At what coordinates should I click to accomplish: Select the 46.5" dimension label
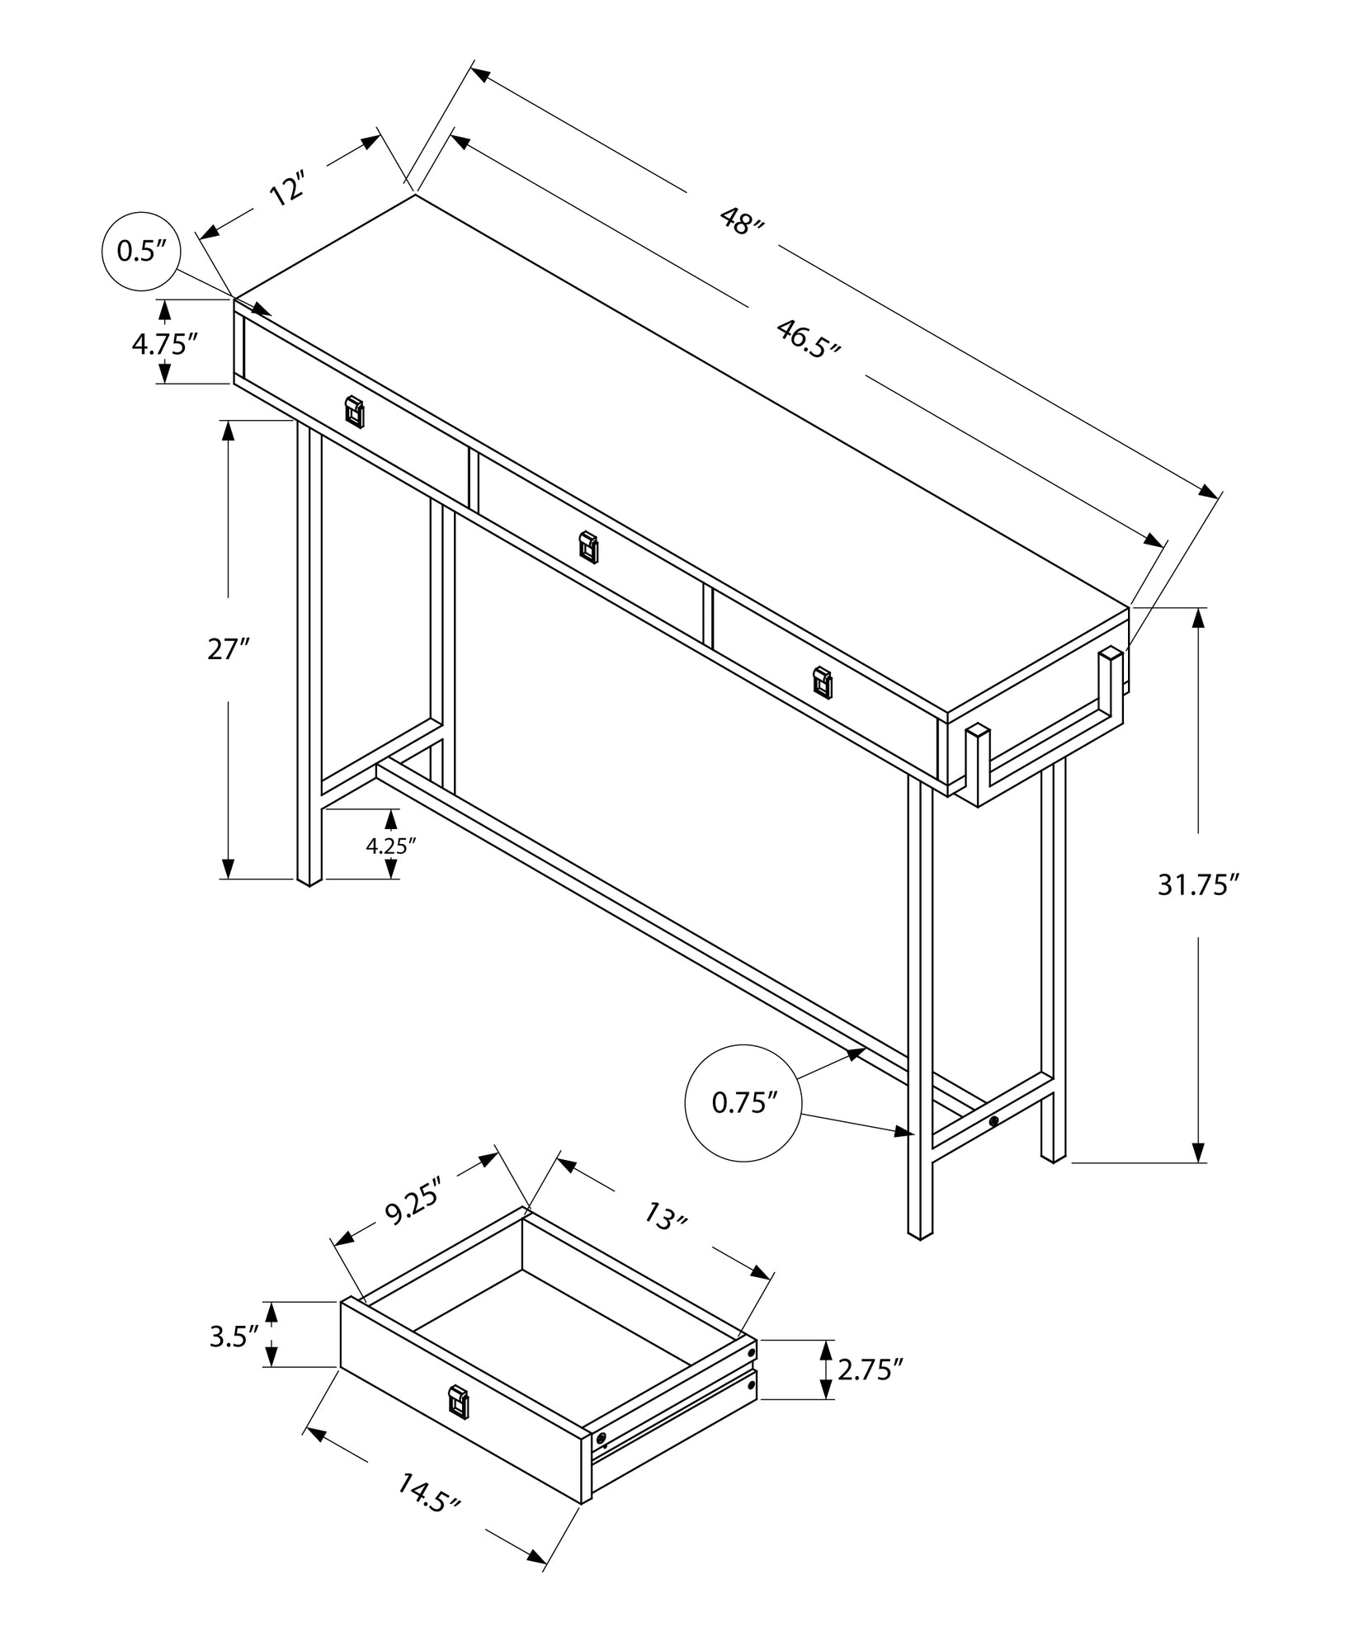tap(808, 337)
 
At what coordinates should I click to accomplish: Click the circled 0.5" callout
tap(141, 251)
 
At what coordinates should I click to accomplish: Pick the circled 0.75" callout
tap(744, 1102)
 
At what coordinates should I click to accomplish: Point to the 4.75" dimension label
tap(165, 343)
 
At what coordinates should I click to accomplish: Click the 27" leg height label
tap(228, 649)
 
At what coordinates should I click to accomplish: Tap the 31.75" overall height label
tap(1198, 885)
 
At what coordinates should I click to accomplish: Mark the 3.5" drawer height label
tap(234, 1337)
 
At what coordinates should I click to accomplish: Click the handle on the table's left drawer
tap(354, 411)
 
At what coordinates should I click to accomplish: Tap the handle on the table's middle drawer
tap(588, 546)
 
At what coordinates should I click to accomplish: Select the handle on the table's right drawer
tap(823, 681)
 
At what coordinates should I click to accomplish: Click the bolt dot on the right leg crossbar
tap(993, 1121)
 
